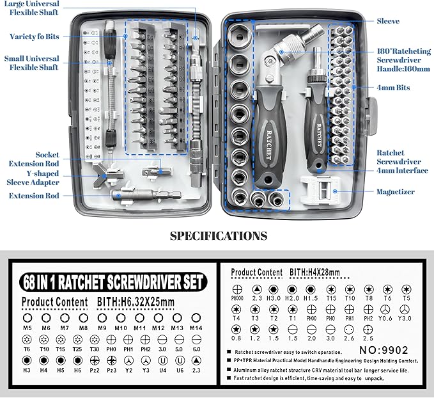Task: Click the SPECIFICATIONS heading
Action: click(x=218, y=235)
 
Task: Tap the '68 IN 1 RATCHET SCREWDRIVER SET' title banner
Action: click(x=111, y=282)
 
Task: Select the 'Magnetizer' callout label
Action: click(x=395, y=191)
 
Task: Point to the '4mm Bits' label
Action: click(x=393, y=88)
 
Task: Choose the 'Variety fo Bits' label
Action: click(x=35, y=36)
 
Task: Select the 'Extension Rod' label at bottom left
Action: click(x=34, y=196)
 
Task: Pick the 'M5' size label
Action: click(x=27, y=328)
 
